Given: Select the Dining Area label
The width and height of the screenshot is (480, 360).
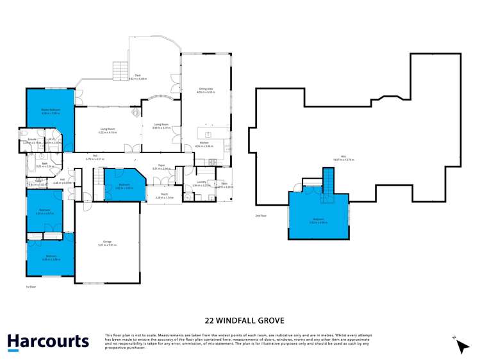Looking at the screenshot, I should pyautogui.click(x=206, y=90).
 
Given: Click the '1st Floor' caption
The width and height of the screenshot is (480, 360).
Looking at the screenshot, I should pyautogui.click(x=31, y=288).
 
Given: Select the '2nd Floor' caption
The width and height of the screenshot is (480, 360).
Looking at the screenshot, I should pyautogui.click(x=261, y=216).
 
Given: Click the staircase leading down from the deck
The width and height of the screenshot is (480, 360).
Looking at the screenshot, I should pyautogui.click(x=120, y=70).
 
